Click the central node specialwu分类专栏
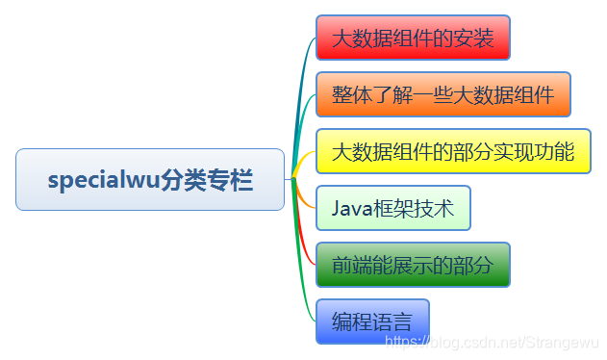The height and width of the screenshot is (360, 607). tap(150, 179)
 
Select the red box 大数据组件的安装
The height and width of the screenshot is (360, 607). tap(413, 39)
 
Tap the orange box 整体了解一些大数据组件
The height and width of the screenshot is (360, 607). tap(443, 94)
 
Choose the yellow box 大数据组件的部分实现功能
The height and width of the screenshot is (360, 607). tap(452, 151)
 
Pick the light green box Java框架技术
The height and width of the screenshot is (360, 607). tap(392, 208)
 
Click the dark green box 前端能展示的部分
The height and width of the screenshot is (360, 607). tap(413, 265)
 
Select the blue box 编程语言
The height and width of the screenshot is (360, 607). tap(371, 321)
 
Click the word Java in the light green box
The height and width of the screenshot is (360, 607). tap(350, 208)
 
